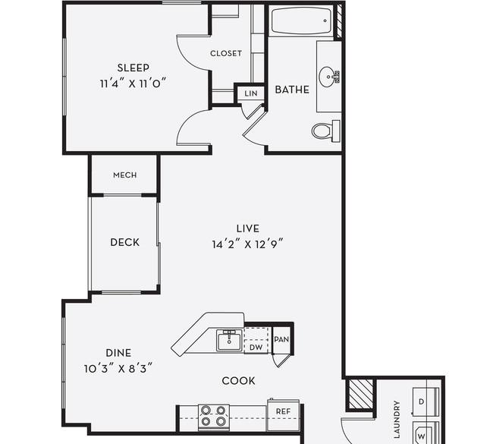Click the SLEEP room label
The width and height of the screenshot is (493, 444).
pos(133,68)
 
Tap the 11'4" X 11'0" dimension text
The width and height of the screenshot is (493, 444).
pos(133,83)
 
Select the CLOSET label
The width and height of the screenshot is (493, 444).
pos(226,53)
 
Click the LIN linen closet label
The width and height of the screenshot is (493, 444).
pos(251,93)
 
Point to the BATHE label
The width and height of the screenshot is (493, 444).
pos(292,90)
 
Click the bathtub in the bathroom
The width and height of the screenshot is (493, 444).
pos(302,20)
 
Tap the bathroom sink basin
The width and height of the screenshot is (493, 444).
pos(329,77)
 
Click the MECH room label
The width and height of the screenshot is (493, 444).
pos(125,175)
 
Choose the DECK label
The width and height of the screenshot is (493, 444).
pos(125,242)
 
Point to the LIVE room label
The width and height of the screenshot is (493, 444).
pos(248,228)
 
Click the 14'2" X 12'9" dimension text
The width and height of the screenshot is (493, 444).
pos(248,244)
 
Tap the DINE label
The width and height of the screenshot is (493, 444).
pos(118,353)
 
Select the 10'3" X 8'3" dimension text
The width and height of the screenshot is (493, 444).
pos(118,368)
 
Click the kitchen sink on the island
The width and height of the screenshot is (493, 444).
pos(229,341)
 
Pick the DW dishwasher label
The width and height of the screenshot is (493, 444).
pos(256,348)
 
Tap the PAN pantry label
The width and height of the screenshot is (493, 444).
pos(281,339)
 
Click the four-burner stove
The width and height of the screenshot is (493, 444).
pos(214,417)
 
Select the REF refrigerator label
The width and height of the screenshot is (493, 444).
pos(283,411)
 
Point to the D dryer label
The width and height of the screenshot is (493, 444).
pos(421,401)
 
